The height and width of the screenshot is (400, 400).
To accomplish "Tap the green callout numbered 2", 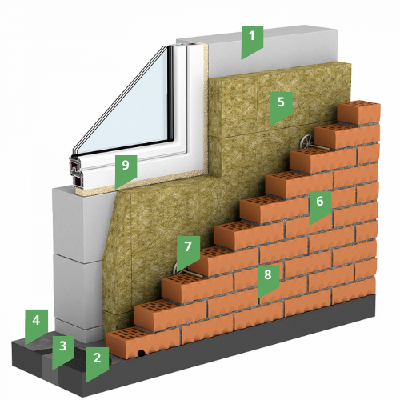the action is click(x=97, y=362).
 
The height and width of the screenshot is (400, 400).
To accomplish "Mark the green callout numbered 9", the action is click(x=126, y=170).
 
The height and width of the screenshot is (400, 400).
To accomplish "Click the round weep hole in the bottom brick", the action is click(x=141, y=354).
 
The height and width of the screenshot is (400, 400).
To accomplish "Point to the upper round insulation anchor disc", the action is click(x=306, y=142).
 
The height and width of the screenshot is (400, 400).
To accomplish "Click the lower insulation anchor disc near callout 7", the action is click(x=177, y=270).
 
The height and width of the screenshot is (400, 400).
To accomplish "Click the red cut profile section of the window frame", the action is click(x=75, y=174).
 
